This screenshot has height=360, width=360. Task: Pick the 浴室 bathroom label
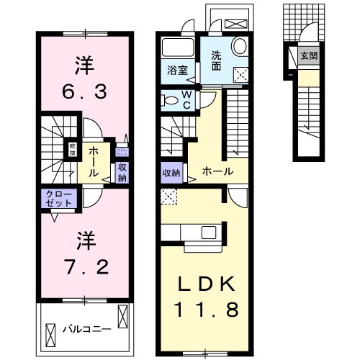pos(177,71)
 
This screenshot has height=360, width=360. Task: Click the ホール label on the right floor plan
pos(217,171)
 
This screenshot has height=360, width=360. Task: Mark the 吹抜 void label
pos(73,149)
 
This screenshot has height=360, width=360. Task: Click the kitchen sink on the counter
pos(208,233)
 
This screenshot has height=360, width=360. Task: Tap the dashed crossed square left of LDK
pos(168,194)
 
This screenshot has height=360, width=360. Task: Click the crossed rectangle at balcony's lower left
pos(51,335)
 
